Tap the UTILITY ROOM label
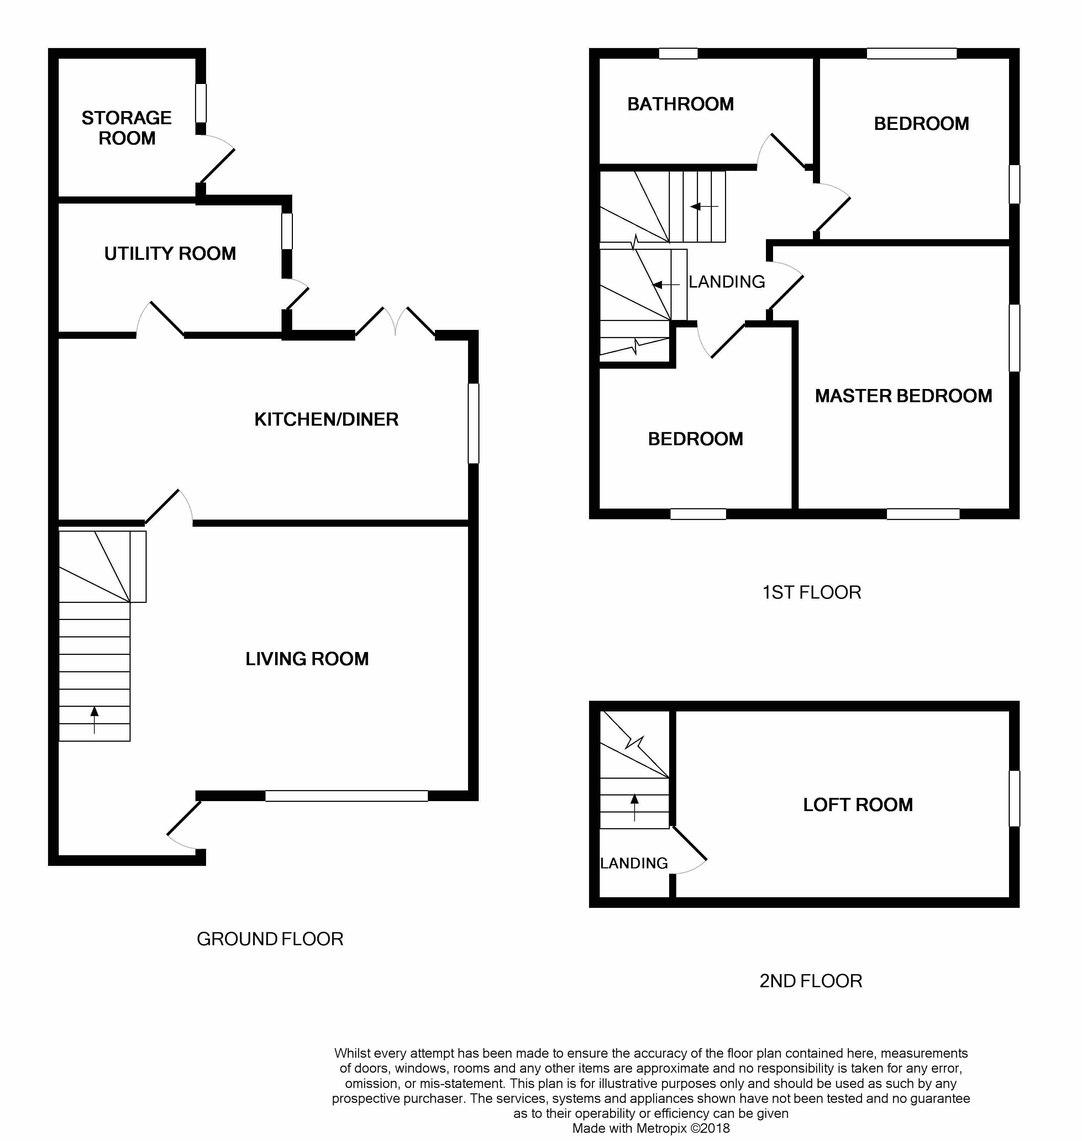170,254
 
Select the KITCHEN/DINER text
326,419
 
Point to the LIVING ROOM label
307,659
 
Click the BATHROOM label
681,104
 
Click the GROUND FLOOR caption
270,939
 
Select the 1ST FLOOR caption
811,593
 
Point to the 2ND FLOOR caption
810,981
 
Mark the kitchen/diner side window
473,424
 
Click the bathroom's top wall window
678,54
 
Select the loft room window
1014,798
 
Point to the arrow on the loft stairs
635,808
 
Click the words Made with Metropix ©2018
651,1128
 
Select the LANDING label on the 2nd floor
634,863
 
